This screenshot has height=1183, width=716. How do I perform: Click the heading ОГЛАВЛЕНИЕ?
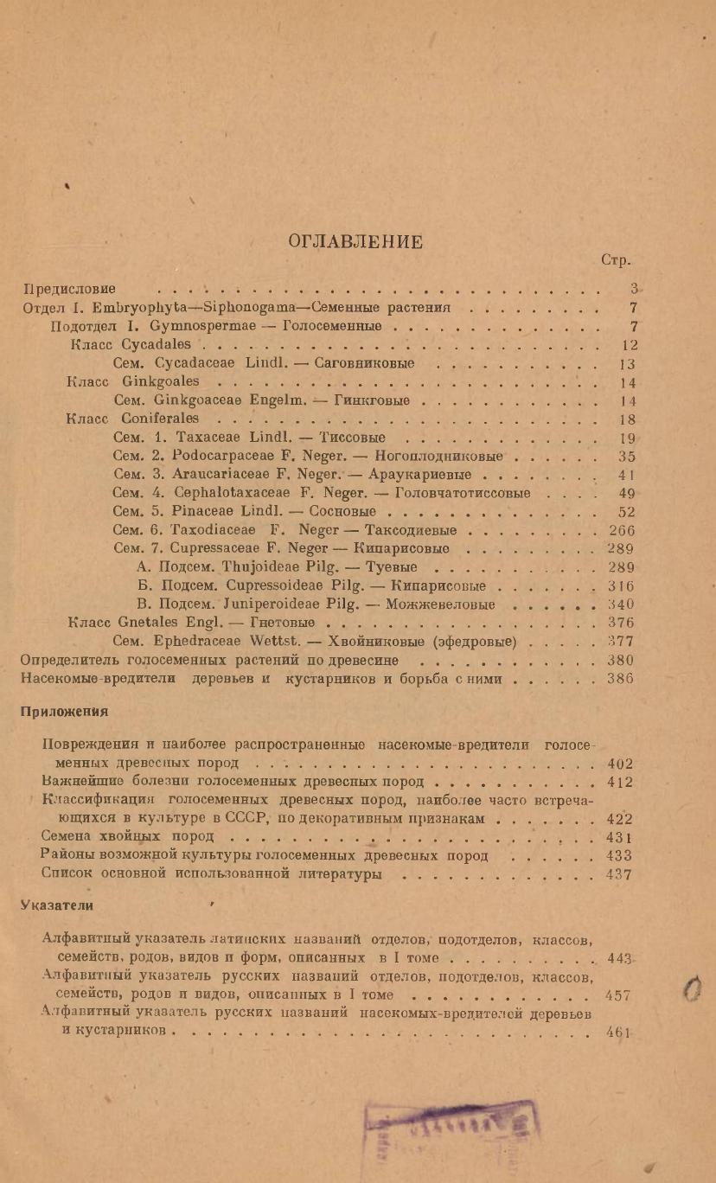tap(356, 242)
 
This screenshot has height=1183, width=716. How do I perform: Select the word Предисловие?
tap(70, 288)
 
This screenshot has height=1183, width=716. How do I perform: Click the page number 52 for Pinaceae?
tap(627, 511)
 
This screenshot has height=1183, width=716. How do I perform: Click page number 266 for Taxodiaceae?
tap(622, 530)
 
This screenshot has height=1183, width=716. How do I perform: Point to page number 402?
tap(620, 764)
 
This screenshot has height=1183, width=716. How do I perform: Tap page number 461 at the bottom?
tap(620, 1033)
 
